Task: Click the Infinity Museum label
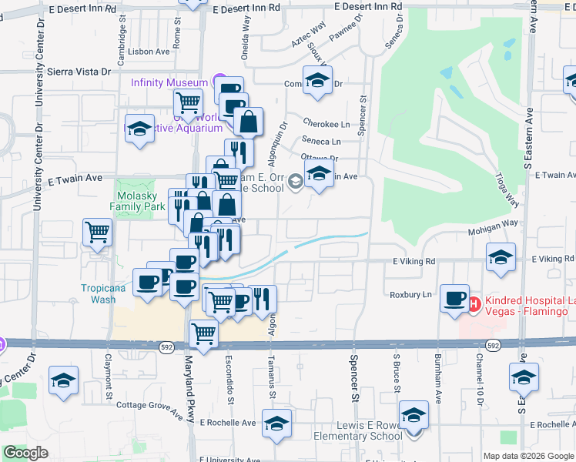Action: click(169, 82)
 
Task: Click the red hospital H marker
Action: click(474, 304)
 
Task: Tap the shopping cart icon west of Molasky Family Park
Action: click(98, 232)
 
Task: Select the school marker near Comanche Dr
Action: click(317, 81)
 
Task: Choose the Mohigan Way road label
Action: click(491, 231)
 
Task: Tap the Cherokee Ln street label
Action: click(327, 124)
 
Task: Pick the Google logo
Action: click(25, 453)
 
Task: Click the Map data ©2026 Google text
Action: click(527, 456)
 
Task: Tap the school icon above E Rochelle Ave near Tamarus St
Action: click(276, 423)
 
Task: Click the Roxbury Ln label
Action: click(411, 294)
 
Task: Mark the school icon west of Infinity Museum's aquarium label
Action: click(139, 129)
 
